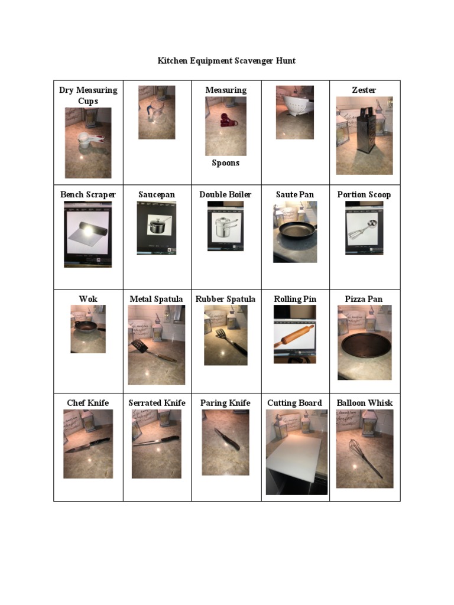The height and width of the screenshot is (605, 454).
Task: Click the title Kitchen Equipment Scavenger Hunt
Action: (226, 61)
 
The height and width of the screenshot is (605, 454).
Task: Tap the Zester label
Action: (364, 90)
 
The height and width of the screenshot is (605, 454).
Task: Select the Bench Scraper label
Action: (88, 194)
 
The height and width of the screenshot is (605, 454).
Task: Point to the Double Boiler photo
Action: (225, 226)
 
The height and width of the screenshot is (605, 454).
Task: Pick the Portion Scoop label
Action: (364, 194)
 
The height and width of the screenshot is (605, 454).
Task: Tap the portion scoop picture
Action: (364, 228)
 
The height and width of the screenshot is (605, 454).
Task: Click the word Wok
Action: (88, 299)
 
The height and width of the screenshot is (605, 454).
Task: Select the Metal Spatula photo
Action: (156, 344)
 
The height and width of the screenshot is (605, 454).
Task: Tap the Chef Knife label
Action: (88, 403)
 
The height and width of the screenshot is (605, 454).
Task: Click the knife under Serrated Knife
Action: (155, 441)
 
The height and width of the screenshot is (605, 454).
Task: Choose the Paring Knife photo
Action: (226, 438)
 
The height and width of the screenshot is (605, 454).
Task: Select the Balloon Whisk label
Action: (364, 403)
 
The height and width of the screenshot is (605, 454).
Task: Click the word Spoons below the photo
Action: (225, 162)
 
